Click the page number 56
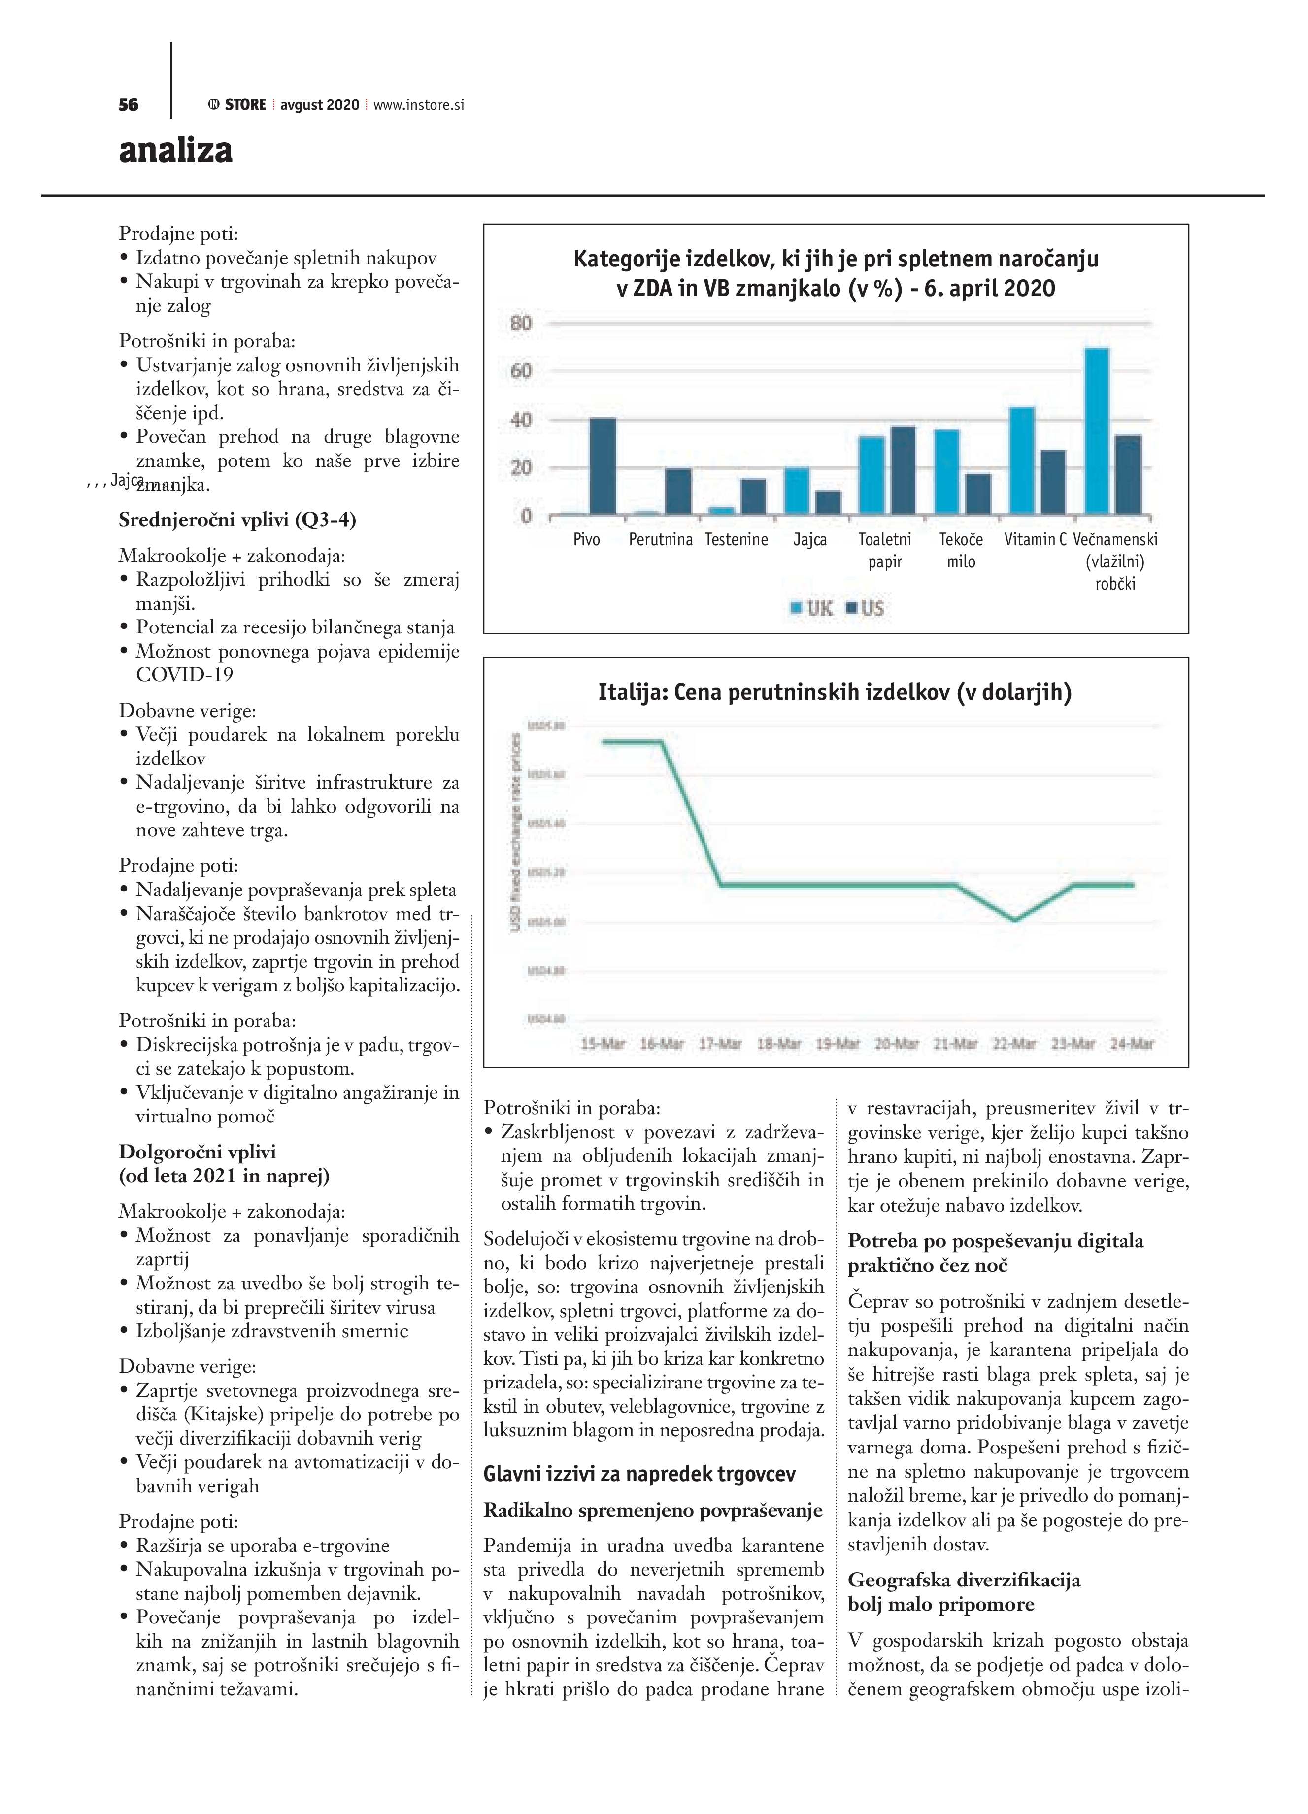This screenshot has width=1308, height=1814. pyautogui.click(x=128, y=105)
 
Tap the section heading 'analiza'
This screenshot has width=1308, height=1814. pyautogui.click(x=176, y=150)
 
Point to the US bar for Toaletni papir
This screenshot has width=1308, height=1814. pyautogui.click(x=903, y=470)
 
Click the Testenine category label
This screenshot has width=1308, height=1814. pyautogui.click(x=736, y=540)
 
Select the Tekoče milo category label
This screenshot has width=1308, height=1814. pyautogui.click(x=961, y=550)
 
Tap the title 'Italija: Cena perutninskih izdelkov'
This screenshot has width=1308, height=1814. pyautogui.click(x=835, y=692)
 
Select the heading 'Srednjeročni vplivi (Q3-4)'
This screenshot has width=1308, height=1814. pyautogui.click(x=237, y=520)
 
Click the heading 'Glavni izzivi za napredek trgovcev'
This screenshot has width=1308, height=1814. pyautogui.click(x=639, y=1473)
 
